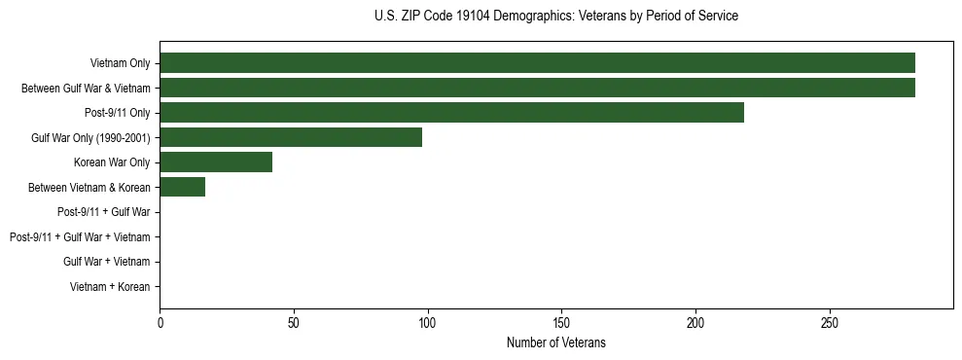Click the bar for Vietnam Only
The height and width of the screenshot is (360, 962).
coord(537,63)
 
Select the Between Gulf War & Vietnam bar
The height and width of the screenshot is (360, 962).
coord(537,89)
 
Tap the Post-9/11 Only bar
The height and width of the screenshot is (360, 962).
coord(451,113)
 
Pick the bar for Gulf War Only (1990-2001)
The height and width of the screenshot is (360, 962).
coord(291,138)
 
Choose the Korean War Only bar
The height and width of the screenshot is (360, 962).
coord(216,162)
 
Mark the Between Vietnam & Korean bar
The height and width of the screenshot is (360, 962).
coord(182,188)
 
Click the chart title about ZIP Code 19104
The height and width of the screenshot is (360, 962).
coord(555,17)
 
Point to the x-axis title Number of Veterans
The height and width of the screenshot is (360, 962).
coord(555,342)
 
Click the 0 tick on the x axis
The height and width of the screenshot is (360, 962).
coord(160,322)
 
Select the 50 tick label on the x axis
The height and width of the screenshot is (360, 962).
coord(294,322)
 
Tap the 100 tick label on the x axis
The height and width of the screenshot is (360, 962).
coord(427,322)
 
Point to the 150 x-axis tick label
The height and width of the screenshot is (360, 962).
coord(561,322)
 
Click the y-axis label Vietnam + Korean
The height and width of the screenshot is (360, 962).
coord(110,287)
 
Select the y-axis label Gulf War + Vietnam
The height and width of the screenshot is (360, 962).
coord(107,262)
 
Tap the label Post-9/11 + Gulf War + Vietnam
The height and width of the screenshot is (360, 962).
coord(80,237)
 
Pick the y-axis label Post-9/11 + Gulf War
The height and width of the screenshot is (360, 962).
coord(104,212)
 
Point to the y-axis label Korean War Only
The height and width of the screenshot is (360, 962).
coord(112,162)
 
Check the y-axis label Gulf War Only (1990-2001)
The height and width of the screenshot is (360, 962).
coord(90,138)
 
